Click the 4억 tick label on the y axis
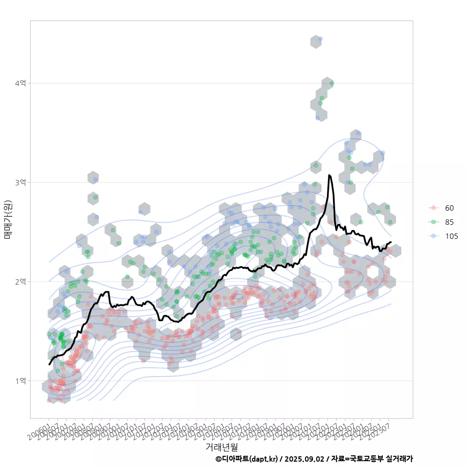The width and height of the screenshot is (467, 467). [x=20, y=84]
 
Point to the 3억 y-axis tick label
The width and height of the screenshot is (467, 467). [x=20, y=182]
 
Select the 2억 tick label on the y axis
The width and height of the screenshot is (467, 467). [x=20, y=282]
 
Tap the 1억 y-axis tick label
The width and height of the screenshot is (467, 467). [x=20, y=380]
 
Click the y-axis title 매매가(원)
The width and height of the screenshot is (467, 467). [x=8, y=219]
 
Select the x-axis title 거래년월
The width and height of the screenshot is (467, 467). [x=221, y=446]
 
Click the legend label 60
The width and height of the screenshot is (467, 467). [x=449, y=208]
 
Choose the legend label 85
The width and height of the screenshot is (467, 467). [x=449, y=222]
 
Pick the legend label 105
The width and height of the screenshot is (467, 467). [x=451, y=236]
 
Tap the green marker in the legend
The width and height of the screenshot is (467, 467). [x=433, y=222]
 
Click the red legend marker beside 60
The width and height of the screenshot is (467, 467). [x=433, y=208]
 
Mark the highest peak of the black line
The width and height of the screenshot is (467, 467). [x=329, y=175]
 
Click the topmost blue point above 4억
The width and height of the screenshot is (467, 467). [x=320, y=38]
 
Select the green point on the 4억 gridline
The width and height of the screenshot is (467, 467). [x=332, y=83]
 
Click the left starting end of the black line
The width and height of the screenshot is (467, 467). [x=49, y=364]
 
